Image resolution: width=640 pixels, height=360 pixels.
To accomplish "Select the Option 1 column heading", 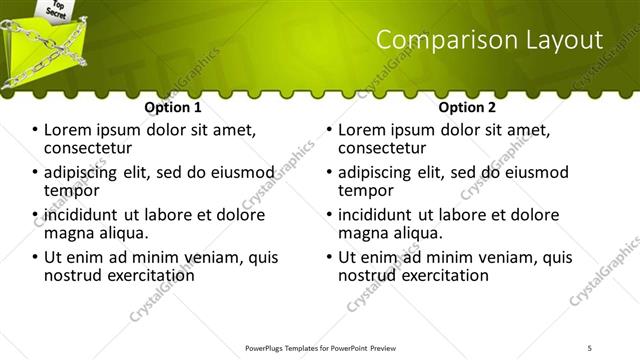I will pyautogui.click(x=173, y=106).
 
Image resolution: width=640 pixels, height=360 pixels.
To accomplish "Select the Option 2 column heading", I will pyautogui.click(x=467, y=106).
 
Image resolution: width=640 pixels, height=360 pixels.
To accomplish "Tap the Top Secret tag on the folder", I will pyautogui.click(x=56, y=9).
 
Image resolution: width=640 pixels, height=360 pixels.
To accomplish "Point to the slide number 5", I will pyautogui.click(x=590, y=347).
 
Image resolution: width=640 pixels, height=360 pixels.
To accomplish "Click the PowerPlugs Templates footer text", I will pyautogui.click(x=319, y=347).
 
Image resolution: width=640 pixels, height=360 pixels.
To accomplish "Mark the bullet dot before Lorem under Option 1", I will pyautogui.click(x=36, y=131).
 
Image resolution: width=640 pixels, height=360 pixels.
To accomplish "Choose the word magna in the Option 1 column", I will pyautogui.click(x=71, y=233).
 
